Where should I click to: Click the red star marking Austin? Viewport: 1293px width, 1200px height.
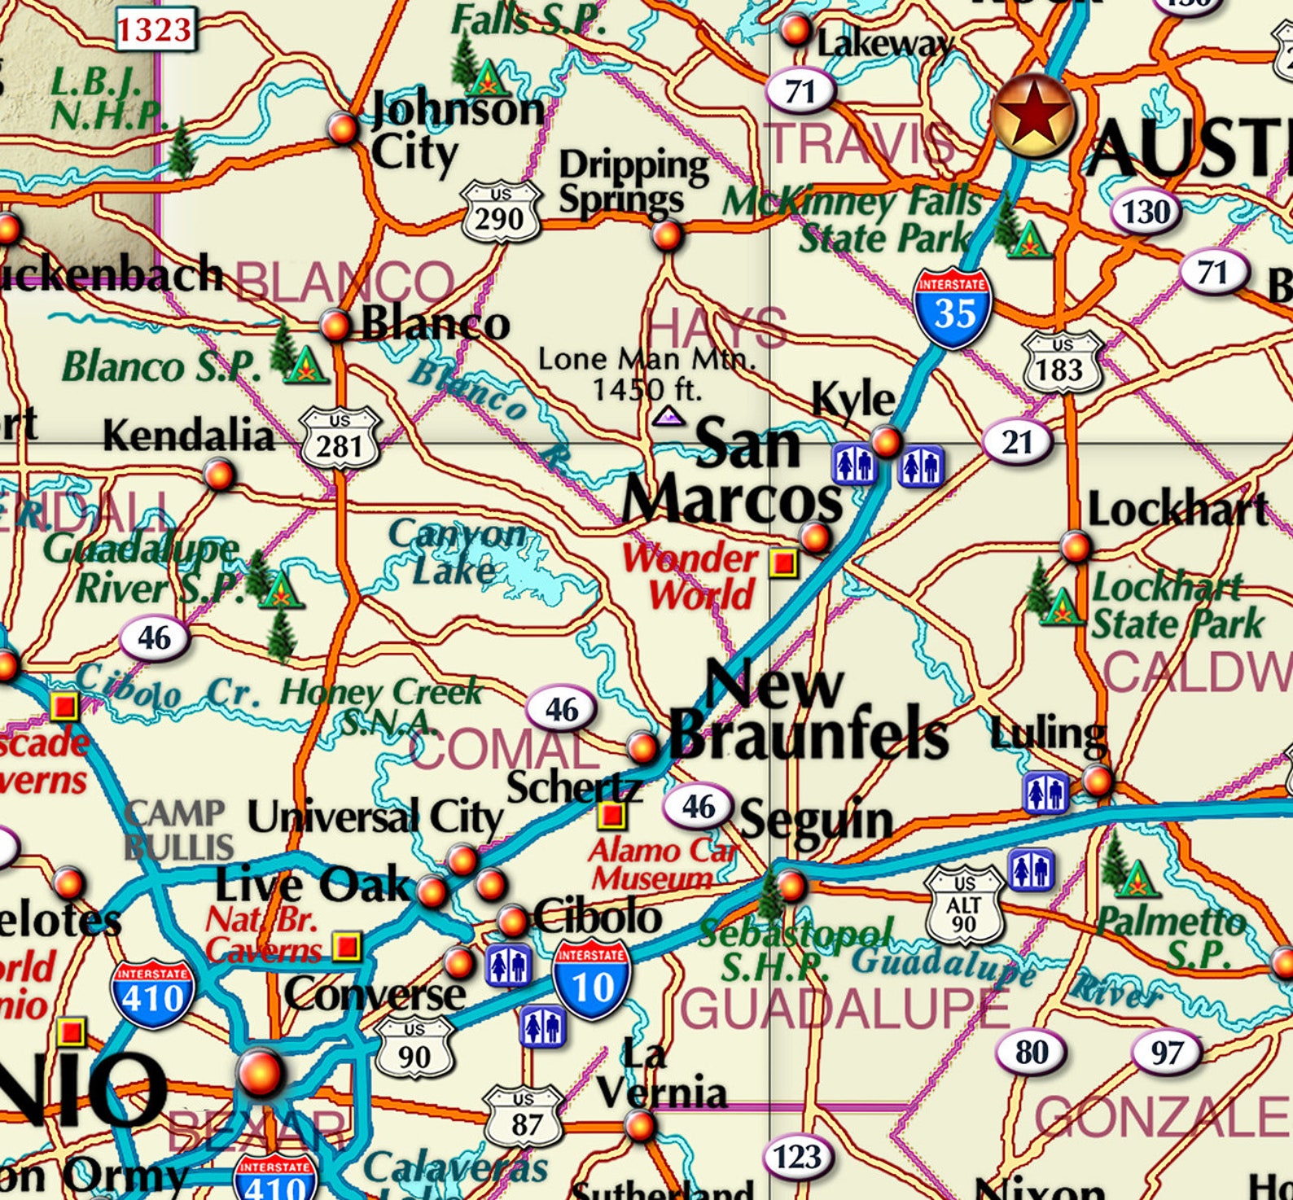tap(1032, 115)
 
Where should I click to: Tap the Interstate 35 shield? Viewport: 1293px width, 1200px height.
tap(953, 307)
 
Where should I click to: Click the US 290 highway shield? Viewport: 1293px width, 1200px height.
tap(501, 212)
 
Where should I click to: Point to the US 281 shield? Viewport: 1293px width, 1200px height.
tap(340, 440)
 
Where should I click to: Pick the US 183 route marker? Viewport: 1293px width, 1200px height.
tap(1061, 362)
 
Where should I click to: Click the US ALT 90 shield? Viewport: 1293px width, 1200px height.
tap(964, 904)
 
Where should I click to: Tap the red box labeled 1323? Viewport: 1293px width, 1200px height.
tap(155, 30)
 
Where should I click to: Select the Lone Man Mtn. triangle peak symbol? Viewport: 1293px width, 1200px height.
tap(669, 417)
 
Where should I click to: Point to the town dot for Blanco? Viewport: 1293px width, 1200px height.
tap(335, 325)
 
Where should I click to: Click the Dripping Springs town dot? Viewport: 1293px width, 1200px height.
tap(666, 236)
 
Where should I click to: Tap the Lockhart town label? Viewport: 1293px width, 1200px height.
tap(1177, 510)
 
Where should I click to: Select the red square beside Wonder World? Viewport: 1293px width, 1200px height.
tap(783, 563)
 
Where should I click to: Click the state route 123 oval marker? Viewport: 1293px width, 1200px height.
tap(797, 1156)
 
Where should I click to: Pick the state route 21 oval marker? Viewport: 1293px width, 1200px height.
tap(1017, 442)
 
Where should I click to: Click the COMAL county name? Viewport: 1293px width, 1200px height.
tap(505, 750)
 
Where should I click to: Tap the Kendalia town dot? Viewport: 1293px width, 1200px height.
tap(219, 473)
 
